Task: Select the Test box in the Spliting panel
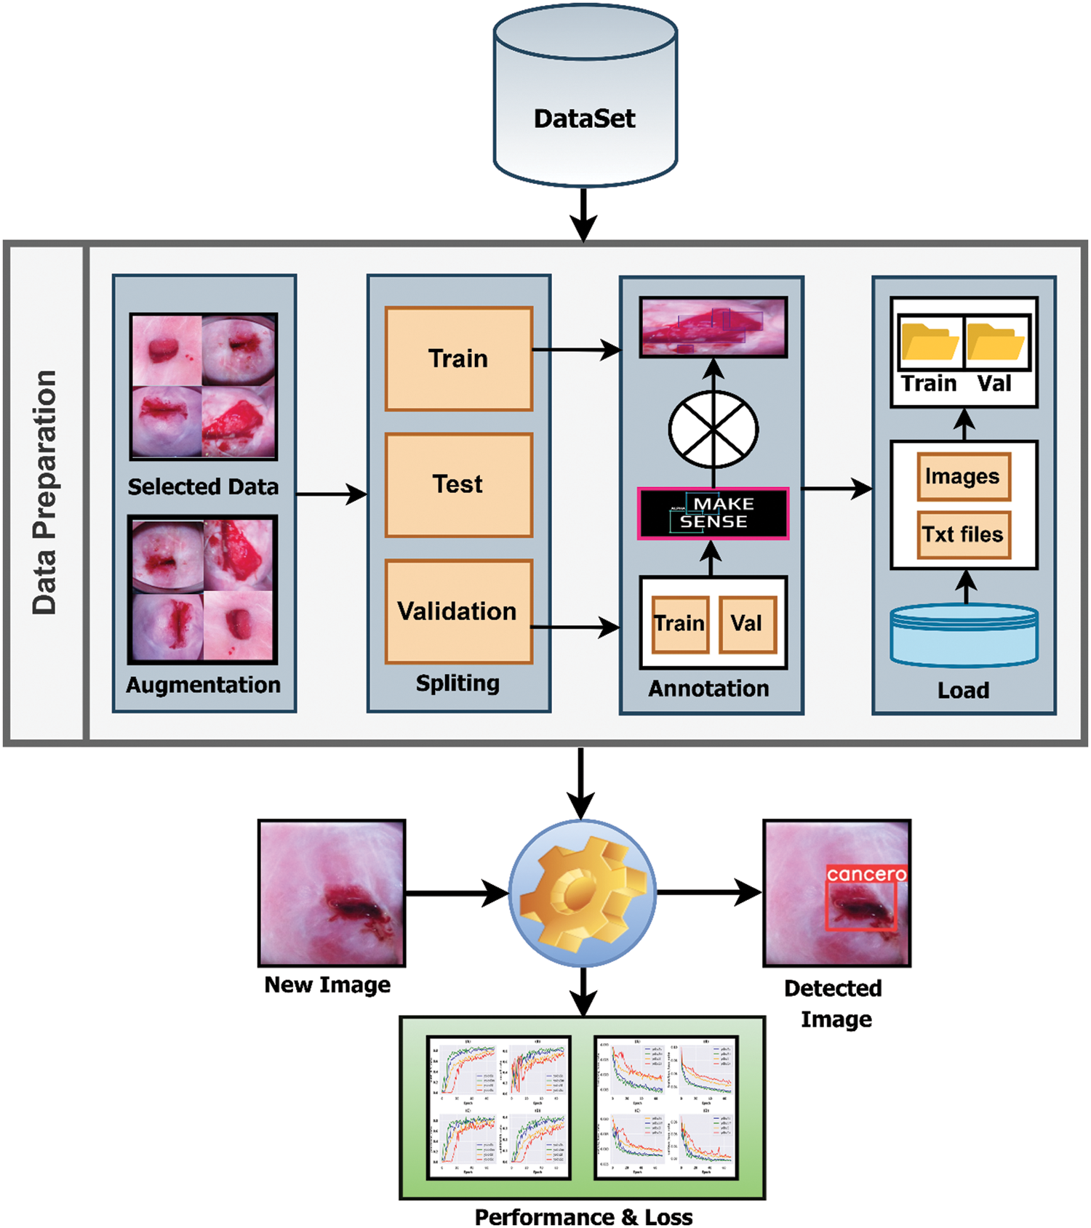[458, 485]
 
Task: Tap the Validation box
[458, 611]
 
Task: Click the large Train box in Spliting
[458, 358]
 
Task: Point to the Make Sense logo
[713, 513]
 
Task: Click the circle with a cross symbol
[713, 430]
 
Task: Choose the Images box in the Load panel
[963, 477]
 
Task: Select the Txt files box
[963, 534]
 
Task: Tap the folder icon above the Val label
[996, 342]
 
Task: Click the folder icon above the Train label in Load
[930, 342]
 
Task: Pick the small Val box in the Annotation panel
[747, 624]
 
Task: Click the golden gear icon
[583, 893]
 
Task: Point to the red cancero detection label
[866, 874]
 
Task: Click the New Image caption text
[327, 985]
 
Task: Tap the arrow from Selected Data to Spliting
[332, 494]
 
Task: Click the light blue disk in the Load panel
[964, 636]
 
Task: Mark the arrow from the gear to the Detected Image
[709, 892]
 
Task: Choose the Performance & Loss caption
[583, 1217]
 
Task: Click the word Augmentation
[204, 685]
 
